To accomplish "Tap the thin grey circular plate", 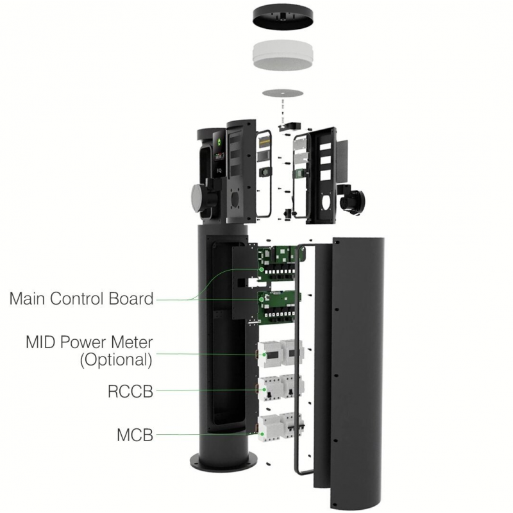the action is tap(282, 93).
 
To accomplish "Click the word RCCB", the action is tap(131, 391).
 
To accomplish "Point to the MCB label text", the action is tap(135, 435).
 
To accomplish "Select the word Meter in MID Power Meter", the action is tap(132, 342).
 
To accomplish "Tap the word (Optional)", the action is tap(116, 360).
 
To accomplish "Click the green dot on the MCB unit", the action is tap(262, 434).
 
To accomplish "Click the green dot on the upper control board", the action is tap(262, 269).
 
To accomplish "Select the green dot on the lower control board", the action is tap(262, 299).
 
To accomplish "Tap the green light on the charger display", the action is tap(219, 142).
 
